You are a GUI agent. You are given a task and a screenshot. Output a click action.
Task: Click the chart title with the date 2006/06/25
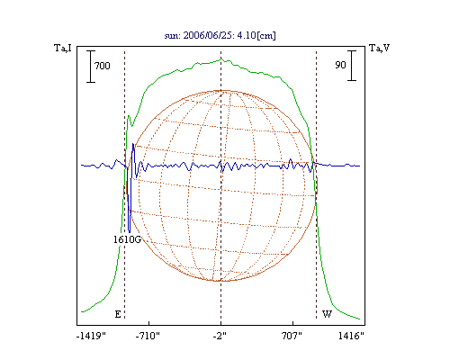(220, 35)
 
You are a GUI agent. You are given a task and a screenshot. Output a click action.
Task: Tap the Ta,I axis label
(63, 48)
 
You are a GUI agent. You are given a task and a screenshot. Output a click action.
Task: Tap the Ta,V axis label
(380, 48)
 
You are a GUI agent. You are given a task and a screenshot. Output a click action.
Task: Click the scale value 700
(103, 66)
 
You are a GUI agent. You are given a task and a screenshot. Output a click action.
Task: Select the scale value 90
(340, 65)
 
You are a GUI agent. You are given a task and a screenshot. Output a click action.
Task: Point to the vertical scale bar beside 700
(91, 67)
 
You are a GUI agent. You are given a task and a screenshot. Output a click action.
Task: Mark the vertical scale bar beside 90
(352, 66)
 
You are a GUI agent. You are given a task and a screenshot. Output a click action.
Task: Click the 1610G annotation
(127, 239)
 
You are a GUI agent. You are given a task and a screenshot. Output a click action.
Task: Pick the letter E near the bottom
(118, 314)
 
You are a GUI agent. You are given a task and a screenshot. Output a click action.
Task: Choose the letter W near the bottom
(327, 314)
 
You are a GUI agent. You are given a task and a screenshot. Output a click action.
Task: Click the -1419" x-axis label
(91, 336)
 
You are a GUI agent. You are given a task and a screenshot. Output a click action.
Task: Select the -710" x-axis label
(148, 336)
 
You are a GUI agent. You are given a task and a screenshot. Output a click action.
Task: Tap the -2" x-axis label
(220, 336)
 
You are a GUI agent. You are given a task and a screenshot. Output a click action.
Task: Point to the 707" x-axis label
(292, 336)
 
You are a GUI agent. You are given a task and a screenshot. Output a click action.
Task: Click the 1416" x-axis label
(351, 336)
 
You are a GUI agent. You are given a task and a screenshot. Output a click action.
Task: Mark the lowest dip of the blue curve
(130, 232)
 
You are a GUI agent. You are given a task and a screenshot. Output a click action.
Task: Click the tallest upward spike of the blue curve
(133, 144)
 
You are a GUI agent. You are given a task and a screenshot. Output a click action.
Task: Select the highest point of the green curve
(221, 58)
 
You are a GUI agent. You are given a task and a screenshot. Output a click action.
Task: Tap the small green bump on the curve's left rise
(129, 116)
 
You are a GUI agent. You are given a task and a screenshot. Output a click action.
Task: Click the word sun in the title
(171, 36)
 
